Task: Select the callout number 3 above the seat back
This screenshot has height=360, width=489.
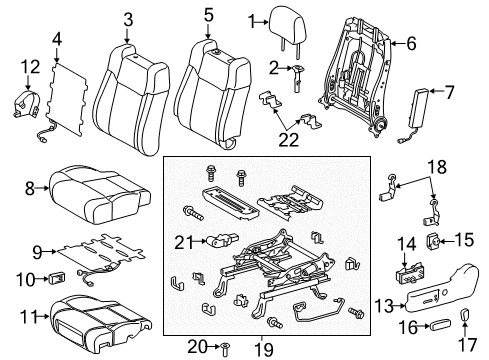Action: pos(128,18)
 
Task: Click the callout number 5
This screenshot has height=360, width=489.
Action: pos(208,16)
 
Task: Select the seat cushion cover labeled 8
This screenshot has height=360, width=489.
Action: pos(92,191)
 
